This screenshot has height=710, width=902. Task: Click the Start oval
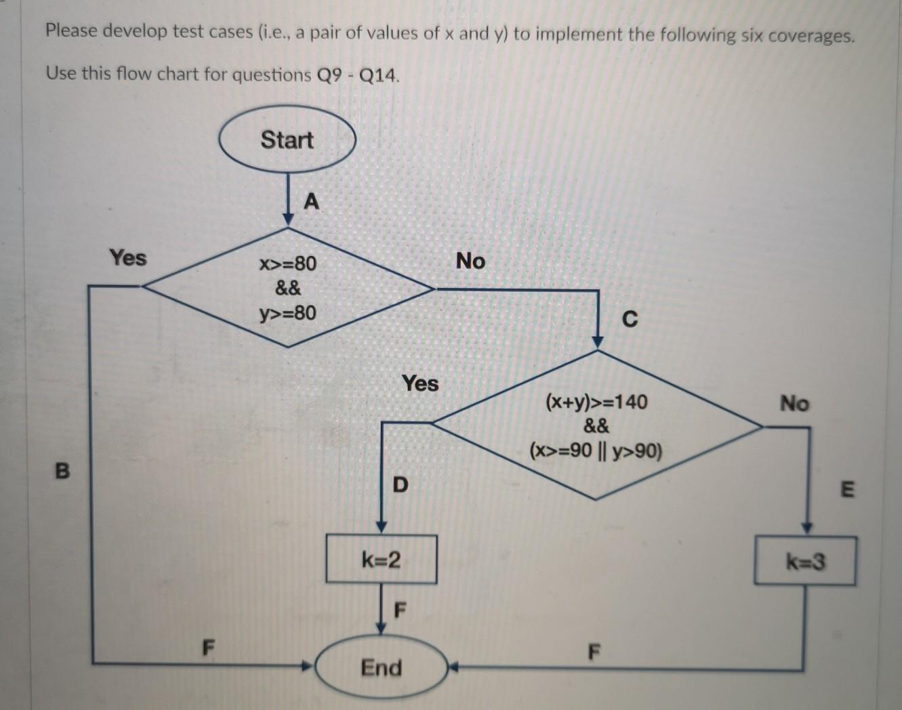[287, 140]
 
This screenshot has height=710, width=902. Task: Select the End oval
[381, 668]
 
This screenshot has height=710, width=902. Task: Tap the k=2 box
[381, 560]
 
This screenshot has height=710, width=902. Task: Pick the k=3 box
[805, 562]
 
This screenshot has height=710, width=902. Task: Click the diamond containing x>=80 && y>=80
[288, 288]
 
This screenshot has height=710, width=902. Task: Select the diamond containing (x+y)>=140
[596, 426]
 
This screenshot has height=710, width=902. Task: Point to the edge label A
[311, 201]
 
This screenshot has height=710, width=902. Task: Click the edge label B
[62, 470]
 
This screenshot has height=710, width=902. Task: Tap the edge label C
[629, 318]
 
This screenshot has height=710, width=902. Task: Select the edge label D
[401, 484]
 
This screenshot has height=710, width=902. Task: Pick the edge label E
[847, 488]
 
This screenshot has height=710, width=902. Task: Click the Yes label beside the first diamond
[128, 257]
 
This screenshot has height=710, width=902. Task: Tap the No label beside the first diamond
[470, 261]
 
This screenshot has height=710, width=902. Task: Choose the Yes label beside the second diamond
[420, 383]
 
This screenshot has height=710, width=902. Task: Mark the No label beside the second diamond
[794, 404]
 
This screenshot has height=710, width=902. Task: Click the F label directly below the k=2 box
[400, 610]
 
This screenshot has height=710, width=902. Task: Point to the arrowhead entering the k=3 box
[806, 528]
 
